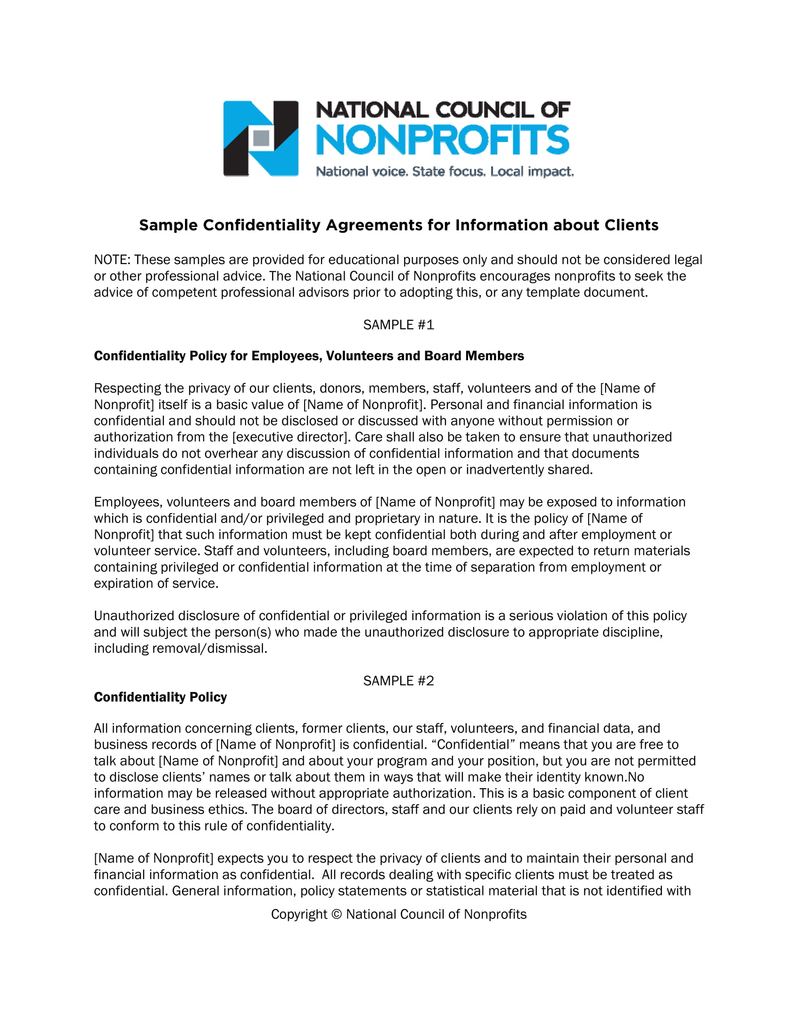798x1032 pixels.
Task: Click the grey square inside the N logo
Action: click(x=261, y=138)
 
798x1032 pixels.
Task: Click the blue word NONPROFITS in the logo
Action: click(x=443, y=140)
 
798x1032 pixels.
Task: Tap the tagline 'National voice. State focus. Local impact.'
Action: click(x=445, y=172)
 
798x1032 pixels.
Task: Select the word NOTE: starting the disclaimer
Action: click(x=113, y=260)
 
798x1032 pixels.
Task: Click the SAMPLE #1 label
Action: click(x=398, y=325)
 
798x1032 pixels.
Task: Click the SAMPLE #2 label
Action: click(x=398, y=681)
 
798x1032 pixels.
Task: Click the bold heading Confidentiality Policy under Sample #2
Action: click(x=160, y=697)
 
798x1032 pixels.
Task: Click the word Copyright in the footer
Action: click(x=299, y=915)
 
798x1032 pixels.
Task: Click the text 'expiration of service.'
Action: click(x=156, y=584)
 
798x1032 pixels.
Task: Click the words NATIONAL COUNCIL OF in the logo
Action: click(x=443, y=110)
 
